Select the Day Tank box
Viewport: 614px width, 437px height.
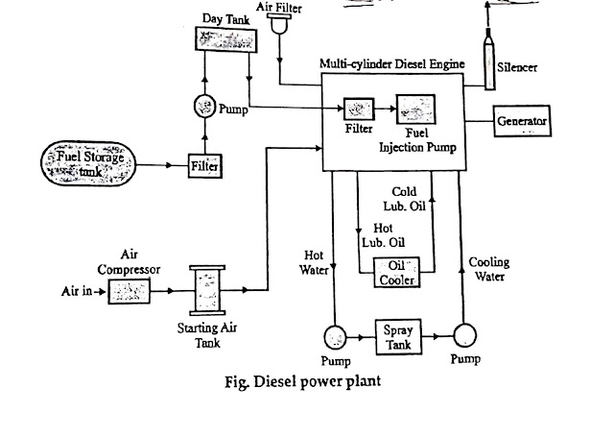(222, 39)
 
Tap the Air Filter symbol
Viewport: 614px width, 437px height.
(281, 24)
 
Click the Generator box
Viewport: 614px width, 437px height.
(522, 123)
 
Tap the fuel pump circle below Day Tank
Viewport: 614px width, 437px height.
(203, 105)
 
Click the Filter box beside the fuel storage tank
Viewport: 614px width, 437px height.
(205, 166)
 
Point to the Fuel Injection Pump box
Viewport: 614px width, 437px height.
(415, 109)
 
